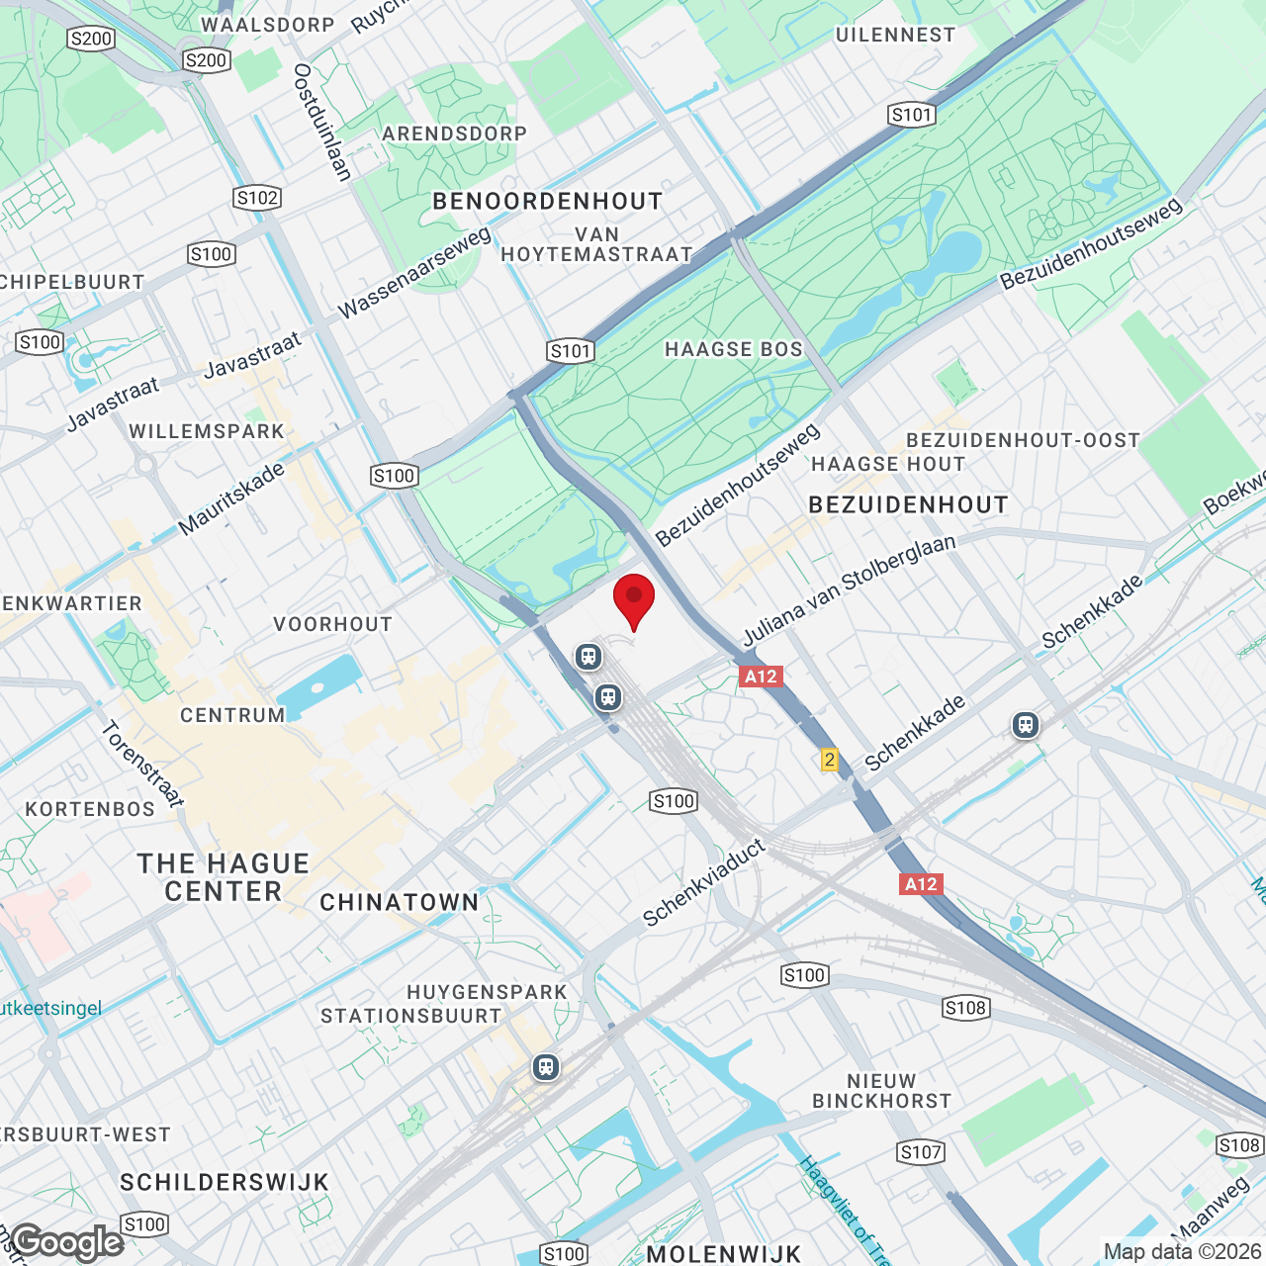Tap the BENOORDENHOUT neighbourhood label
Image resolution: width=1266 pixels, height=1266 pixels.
(548, 202)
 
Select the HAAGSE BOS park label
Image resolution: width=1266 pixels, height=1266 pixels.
(734, 349)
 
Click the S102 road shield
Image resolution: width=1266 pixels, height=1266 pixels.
(257, 198)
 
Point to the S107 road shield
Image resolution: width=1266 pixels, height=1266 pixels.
(921, 1152)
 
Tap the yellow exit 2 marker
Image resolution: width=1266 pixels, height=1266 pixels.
(829, 760)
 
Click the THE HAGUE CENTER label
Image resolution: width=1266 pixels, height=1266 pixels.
(224, 877)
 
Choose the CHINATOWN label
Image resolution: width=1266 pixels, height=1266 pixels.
(400, 902)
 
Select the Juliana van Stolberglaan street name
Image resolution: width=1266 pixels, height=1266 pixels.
(849, 590)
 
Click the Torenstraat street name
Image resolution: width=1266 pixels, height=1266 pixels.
(142, 764)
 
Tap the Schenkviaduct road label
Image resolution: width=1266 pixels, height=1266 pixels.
(704, 882)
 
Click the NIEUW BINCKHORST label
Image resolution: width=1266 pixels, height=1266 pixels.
(881, 1091)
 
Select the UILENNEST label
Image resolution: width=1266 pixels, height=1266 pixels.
(895, 35)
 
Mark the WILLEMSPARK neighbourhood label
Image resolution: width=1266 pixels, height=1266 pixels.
(207, 431)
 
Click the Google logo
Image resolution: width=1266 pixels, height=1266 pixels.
(67, 1242)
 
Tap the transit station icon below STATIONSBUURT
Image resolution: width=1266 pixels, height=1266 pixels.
(545, 1067)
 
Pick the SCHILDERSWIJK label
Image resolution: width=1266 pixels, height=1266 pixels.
(225, 1182)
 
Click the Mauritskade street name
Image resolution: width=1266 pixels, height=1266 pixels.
(231, 499)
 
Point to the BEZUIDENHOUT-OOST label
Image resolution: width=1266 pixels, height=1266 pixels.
(1023, 440)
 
